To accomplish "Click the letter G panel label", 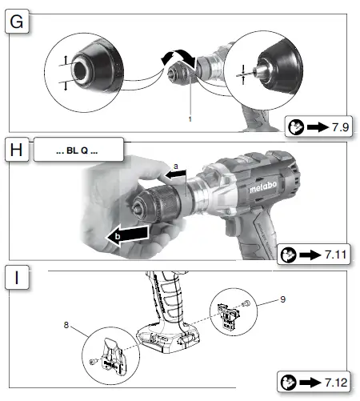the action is (17, 22).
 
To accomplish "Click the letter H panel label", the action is (17, 150).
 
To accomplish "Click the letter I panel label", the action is (17, 278).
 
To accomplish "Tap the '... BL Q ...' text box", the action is (78, 150).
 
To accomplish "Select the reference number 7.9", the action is (341, 127).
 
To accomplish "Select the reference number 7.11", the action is (336, 255).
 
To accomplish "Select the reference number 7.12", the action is (336, 383).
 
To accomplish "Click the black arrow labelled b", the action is (127, 235).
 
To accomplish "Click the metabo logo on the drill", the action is (263, 186).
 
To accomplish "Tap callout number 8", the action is (66, 325).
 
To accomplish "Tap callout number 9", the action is (283, 299).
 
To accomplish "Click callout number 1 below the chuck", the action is (190, 119).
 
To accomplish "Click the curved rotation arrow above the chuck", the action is (178, 58).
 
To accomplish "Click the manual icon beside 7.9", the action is (296, 127).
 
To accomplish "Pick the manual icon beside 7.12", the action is (289, 383).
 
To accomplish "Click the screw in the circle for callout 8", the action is (94, 362).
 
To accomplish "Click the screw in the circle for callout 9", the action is (246, 303).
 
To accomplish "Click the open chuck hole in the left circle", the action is (79, 70).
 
